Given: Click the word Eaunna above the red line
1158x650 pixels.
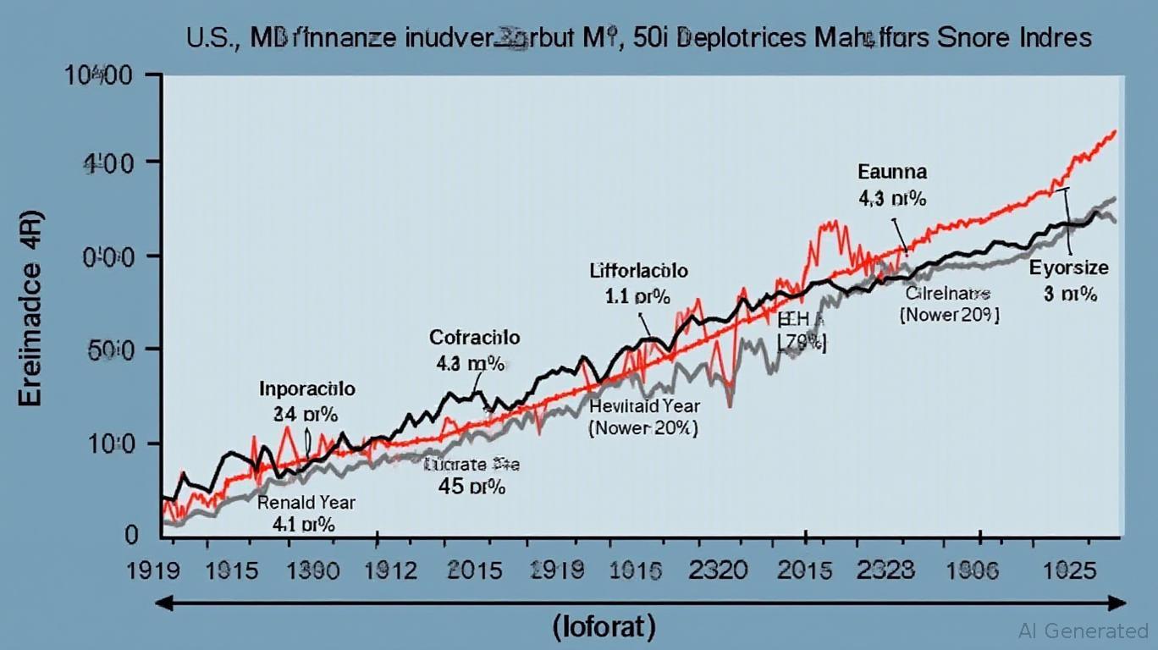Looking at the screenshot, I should [x=892, y=173].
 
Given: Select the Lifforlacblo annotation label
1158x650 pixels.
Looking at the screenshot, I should [x=638, y=272].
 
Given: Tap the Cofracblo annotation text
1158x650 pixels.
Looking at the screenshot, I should [x=474, y=338].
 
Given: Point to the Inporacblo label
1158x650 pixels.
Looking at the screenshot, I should [x=306, y=389].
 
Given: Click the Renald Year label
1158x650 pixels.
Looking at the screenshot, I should [x=306, y=502].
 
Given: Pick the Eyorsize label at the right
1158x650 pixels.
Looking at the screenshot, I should [x=1068, y=269].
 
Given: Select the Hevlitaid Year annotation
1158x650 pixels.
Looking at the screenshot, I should [x=643, y=405].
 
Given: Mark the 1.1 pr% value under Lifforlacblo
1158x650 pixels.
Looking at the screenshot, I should [x=638, y=297].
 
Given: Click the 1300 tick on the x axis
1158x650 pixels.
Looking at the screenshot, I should [x=316, y=570].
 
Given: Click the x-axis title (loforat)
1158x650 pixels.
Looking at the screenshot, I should [x=604, y=628].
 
